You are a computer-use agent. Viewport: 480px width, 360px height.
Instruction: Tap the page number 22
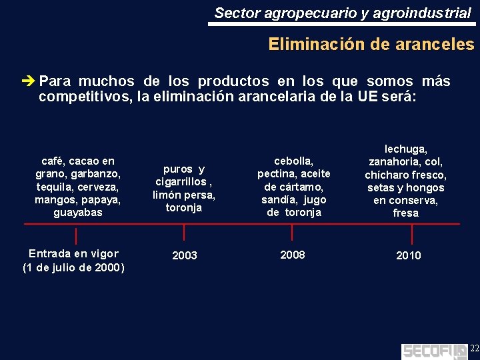tap(474, 349)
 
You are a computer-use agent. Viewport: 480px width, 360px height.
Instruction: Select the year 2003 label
tap(185, 255)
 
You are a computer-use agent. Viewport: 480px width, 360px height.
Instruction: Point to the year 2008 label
tap(293, 254)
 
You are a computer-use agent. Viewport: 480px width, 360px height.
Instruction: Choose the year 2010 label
tap(408, 255)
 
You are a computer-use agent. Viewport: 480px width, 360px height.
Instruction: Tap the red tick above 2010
tap(411, 234)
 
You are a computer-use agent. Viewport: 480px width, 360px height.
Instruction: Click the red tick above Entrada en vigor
tap(76, 236)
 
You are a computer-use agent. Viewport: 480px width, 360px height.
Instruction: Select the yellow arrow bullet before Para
tap(28, 82)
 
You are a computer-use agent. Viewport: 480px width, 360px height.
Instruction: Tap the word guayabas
tap(78, 212)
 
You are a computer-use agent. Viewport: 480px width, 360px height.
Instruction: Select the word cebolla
tap(293, 161)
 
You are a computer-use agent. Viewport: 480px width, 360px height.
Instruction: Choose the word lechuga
tap(406, 149)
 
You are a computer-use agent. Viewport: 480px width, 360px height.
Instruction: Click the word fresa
tap(405, 213)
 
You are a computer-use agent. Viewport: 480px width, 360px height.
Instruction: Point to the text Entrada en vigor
tap(73, 253)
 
